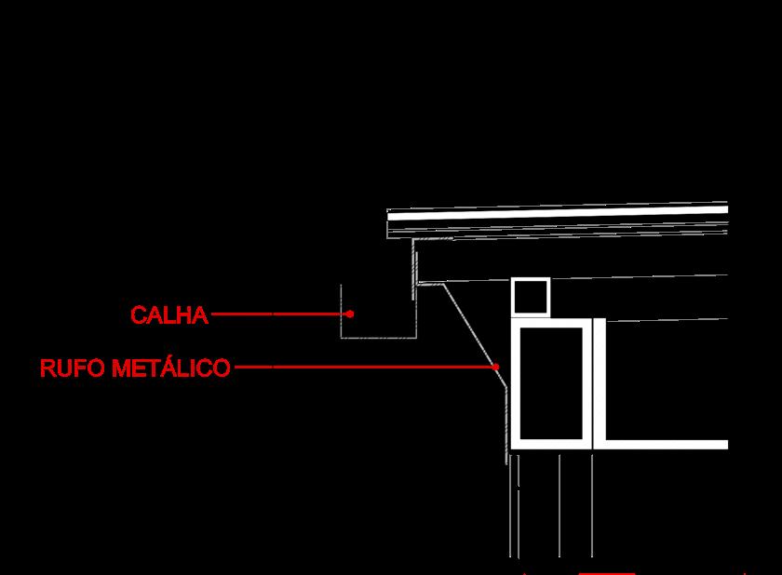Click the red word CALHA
point(169,314)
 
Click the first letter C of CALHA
point(138,314)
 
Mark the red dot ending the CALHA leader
point(350,314)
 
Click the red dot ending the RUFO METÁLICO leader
point(496,368)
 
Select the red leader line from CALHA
point(279,314)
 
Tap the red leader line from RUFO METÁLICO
point(363,368)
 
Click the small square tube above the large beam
point(531,297)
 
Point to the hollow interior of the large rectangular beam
point(553,382)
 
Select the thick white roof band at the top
point(559,215)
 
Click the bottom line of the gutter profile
point(377,338)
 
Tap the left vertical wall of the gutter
point(342,312)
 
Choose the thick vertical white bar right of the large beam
point(600,381)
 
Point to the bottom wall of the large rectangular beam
point(553,445)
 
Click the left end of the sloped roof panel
point(391,223)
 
